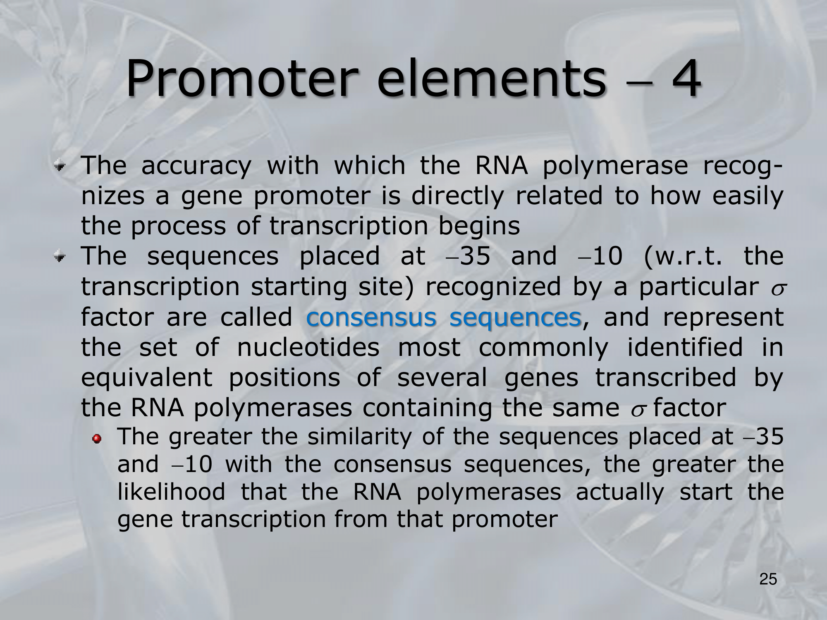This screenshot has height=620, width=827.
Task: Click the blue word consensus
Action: (371, 317)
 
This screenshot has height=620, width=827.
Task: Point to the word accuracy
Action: (196, 167)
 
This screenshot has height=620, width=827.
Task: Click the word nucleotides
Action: (308, 347)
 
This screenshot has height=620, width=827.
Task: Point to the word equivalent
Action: (146, 378)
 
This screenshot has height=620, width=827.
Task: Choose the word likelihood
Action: (172, 491)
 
